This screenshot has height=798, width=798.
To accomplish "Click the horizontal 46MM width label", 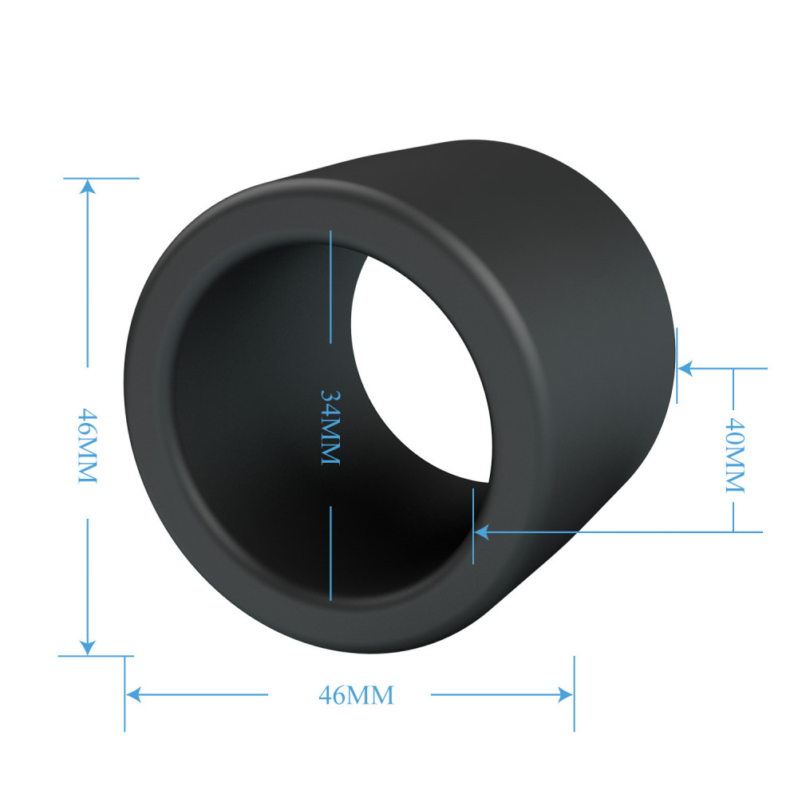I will pos(356,695).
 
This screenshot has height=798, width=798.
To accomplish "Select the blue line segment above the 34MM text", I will pos(330,287).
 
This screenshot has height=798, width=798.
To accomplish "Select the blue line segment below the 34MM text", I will pos(330,551).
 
